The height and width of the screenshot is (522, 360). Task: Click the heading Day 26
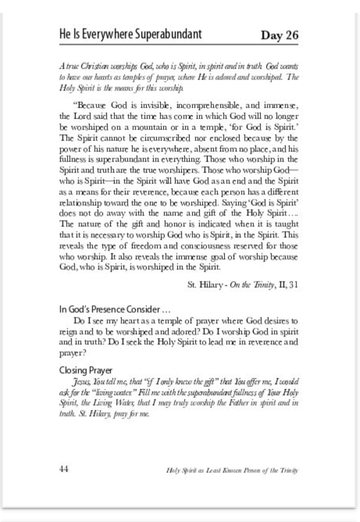pos(279,35)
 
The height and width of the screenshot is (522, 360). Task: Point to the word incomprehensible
pos(210,105)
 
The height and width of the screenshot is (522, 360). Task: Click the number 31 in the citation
pos(294,284)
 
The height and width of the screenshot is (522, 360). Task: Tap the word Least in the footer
pos(209,471)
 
